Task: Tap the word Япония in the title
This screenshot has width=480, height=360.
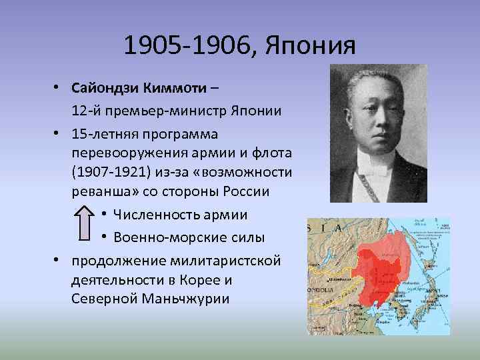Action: point(311,46)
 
